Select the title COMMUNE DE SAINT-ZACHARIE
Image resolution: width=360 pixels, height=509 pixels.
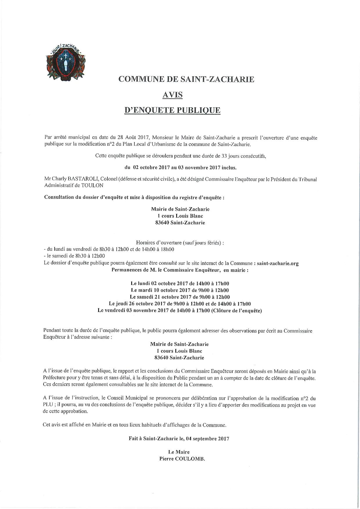pos(186,79)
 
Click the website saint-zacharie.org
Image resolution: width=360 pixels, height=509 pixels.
pos(278,263)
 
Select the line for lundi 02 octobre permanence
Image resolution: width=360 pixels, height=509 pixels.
pos(180,283)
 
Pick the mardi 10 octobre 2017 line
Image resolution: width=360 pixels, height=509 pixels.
pos(180,290)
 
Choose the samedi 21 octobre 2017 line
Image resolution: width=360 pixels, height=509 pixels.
pos(180,297)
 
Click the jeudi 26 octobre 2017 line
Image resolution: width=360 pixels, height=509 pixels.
pos(180,304)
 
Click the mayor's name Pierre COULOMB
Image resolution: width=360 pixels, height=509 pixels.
pos(182,459)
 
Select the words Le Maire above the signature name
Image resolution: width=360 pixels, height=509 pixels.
pos(179,452)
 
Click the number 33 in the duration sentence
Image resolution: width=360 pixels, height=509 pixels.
pos(222,156)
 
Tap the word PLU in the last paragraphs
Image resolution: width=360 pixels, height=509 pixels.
pos(48,405)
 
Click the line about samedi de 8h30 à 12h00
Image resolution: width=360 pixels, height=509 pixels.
pos(74,256)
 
